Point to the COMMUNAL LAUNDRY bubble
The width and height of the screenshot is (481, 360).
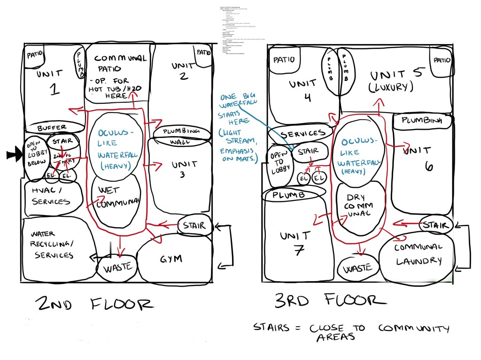coord(418,255)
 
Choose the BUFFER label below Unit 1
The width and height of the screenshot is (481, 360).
coord(52,127)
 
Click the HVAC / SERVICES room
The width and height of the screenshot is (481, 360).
coord(51,196)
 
